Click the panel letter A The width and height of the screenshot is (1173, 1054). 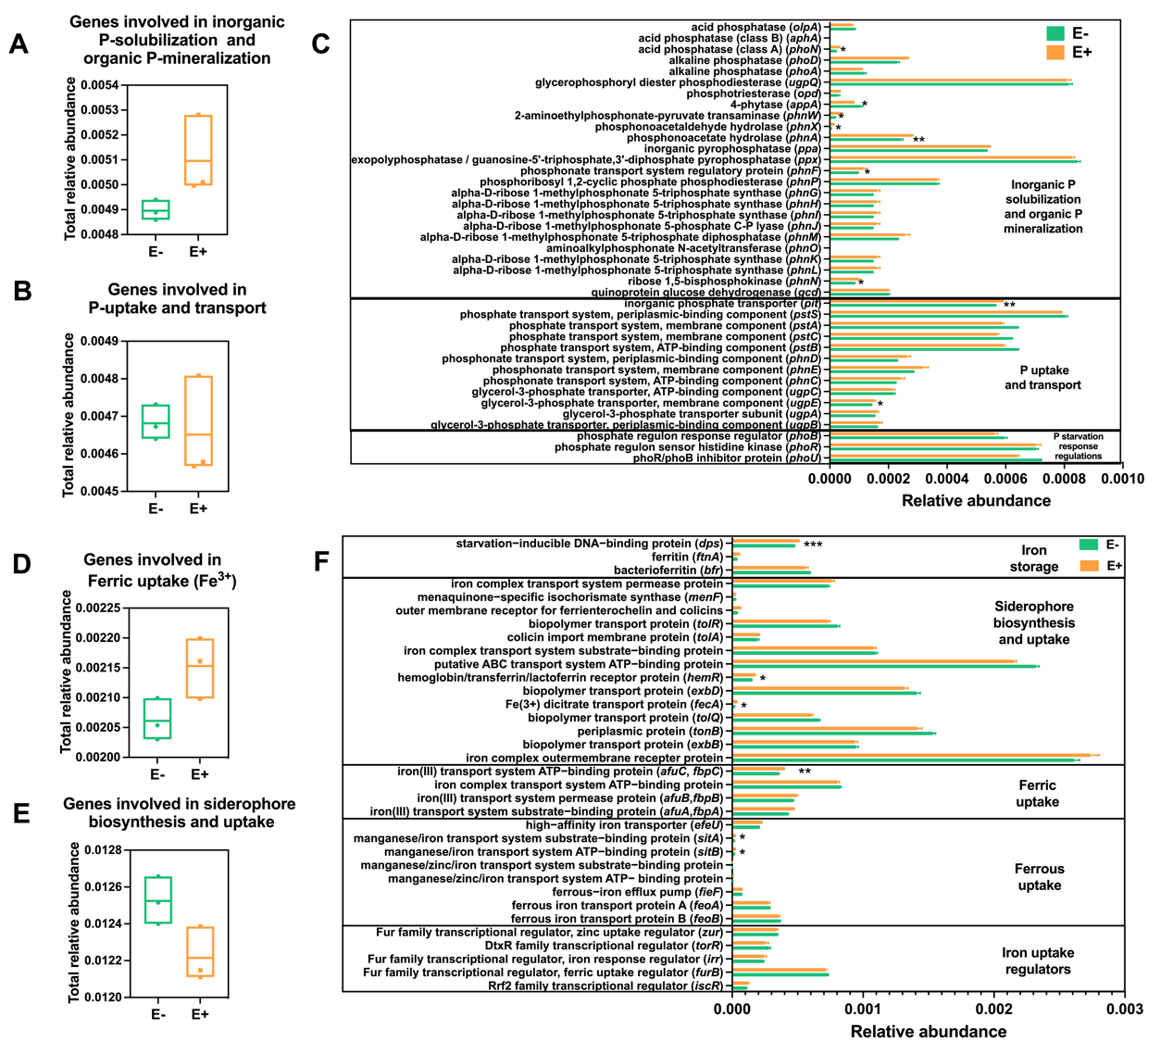(19, 44)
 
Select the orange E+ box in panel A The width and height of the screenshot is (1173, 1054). (198, 150)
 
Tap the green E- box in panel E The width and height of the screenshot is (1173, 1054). (157, 899)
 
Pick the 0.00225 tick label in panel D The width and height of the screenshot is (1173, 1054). (94, 608)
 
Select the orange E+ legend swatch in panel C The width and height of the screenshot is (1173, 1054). (1055, 53)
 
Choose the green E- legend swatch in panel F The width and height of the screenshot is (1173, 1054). (1088, 546)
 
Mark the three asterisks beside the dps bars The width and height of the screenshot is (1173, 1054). (813, 546)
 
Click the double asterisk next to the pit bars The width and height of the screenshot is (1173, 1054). (1009, 305)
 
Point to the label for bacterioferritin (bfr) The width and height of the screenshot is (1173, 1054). (668, 571)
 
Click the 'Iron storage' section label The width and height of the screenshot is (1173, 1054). (1033, 558)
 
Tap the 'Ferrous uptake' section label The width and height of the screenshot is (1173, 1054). (1039, 877)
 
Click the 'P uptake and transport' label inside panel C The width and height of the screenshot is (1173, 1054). (1042, 378)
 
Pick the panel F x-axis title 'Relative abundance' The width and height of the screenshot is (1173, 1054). (928, 1032)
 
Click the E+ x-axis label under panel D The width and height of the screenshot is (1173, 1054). (200, 774)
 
